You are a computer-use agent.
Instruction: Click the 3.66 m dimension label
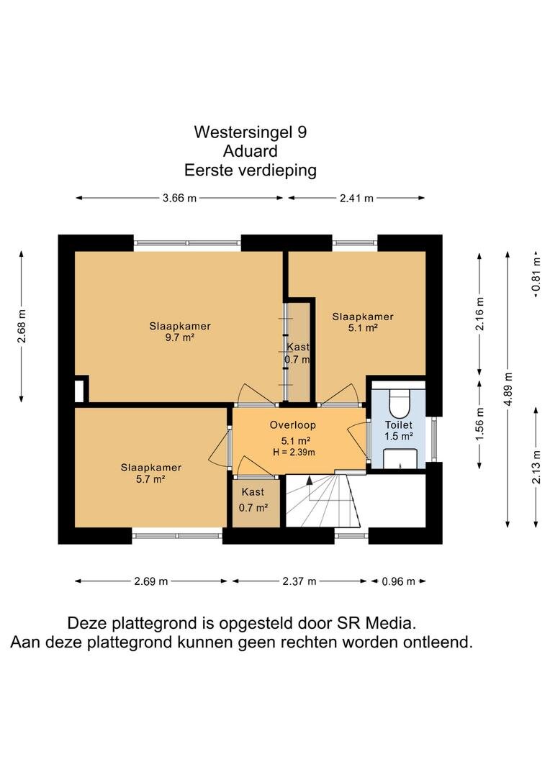pyautogui.click(x=179, y=199)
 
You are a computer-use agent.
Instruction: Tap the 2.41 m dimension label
pyautogui.click(x=356, y=199)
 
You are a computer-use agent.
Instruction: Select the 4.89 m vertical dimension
pyautogui.click(x=508, y=389)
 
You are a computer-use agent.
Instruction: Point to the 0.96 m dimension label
pyautogui.click(x=398, y=581)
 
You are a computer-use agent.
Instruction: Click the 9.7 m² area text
pyautogui.click(x=179, y=338)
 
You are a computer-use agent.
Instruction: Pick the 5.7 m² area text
pyautogui.click(x=150, y=479)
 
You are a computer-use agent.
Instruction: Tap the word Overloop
pyautogui.click(x=292, y=424)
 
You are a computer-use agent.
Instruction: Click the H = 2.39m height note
pyautogui.click(x=294, y=452)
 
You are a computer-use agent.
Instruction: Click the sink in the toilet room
pyautogui.click(x=400, y=459)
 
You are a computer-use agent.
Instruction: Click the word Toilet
pyautogui.click(x=399, y=424)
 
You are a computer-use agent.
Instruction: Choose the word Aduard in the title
pyautogui.click(x=250, y=150)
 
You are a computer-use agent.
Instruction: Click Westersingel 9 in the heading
pyautogui.click(x=250, y=132)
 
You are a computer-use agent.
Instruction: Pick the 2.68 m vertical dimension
pyautogui.click(x=22, y=326)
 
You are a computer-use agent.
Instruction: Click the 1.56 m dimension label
pyautogui.click(x=479, y=424)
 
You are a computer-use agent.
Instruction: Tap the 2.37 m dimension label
pyautogui.click(x=299, y=581)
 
